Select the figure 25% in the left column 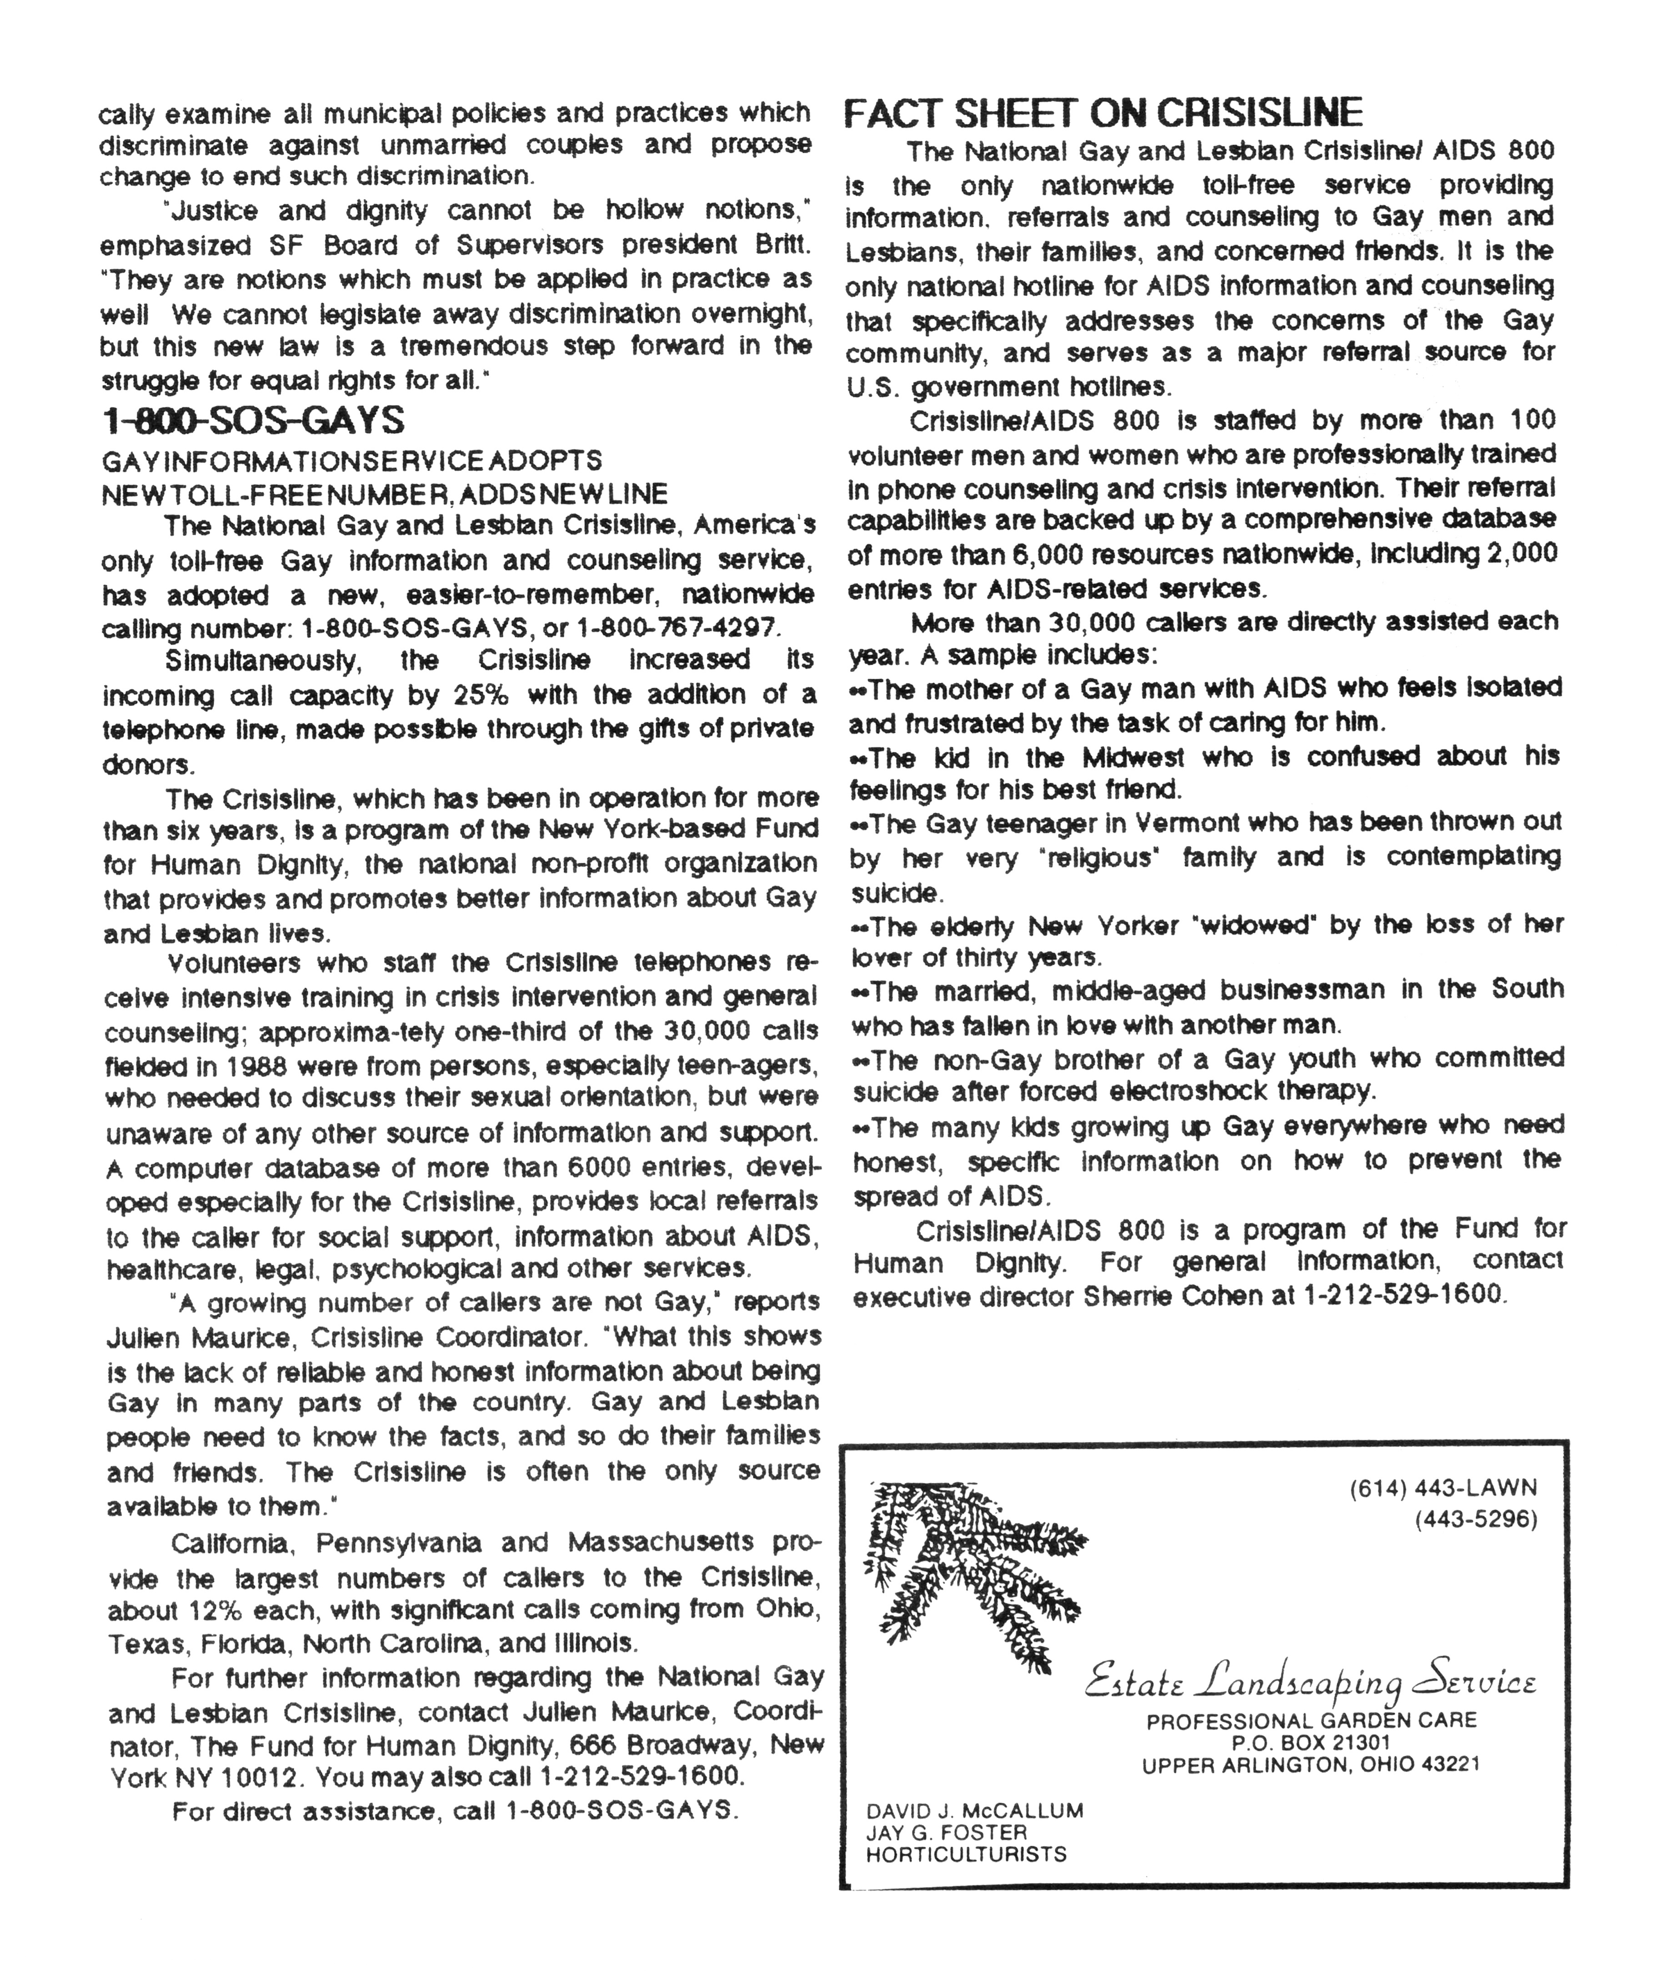coord(481,695)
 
